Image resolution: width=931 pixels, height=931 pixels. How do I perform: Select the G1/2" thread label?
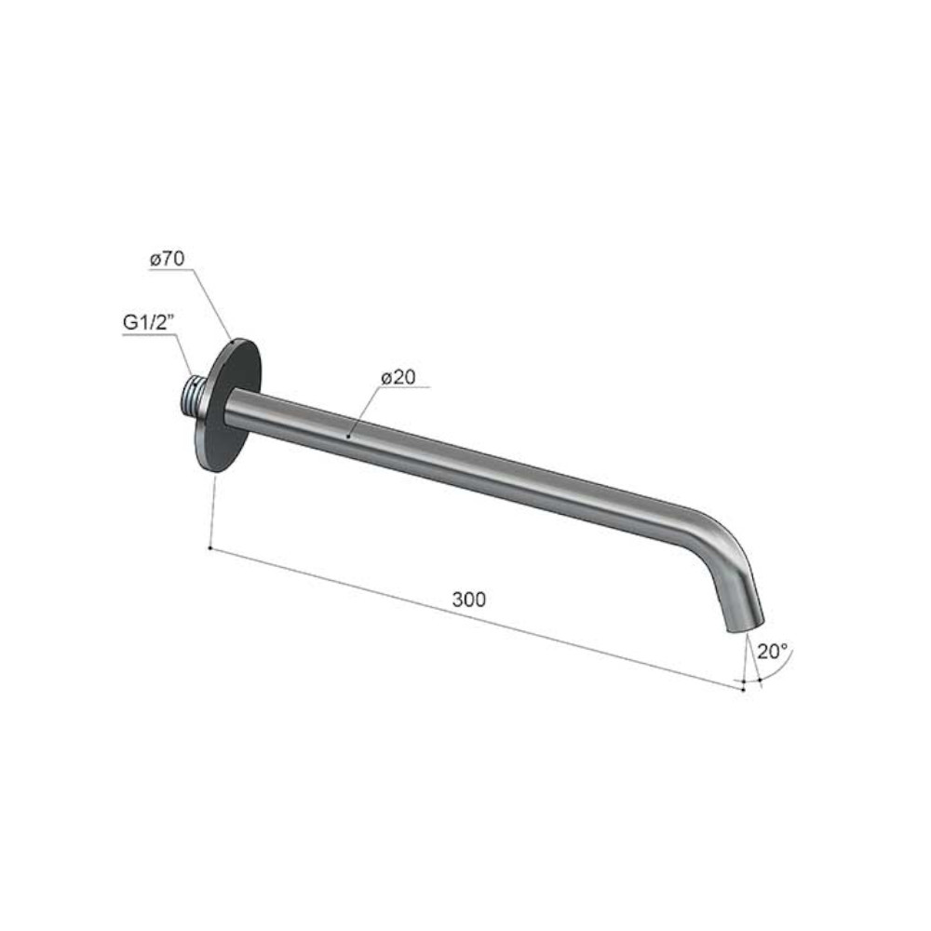tap(148, 323)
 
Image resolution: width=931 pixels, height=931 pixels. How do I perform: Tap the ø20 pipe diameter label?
tap(398, 377)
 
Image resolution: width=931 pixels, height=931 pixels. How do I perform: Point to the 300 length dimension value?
tap(469, 600)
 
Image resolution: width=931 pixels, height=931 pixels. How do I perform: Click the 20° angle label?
tap(773, 652)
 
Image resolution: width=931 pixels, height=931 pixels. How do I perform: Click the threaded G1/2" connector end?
tap(193, 396)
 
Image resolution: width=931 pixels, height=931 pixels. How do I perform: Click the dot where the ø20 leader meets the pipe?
tap(349, 438)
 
